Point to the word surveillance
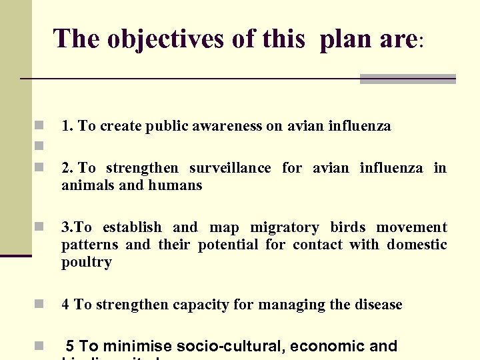(230, 168)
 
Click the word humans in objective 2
(178, 185)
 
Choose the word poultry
(87, 263)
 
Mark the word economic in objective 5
(324, 347)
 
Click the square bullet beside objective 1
(39, 125)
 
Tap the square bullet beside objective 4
(39, 305)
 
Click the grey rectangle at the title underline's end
(407, 79)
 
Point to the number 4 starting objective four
(65, 305)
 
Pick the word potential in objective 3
(228, 245)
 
